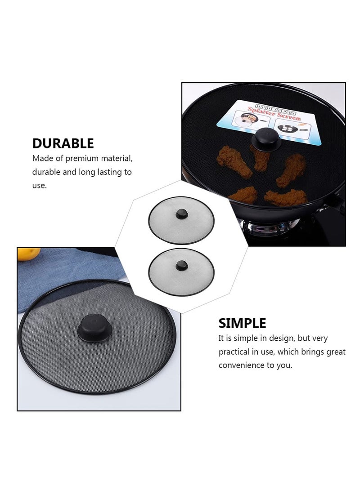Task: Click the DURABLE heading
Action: pyautogui.click(x=63, y=143)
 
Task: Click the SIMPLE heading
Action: pyautogui.click(x=242, y=323)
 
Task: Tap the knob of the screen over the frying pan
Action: pyautogui.click(x=266, y=138)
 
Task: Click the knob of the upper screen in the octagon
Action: pyautogui.click(x=181, y=214)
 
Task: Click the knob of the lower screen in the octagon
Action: pyautogui.click(x=181, y=265)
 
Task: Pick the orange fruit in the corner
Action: pyautogui.click(x=28, y=254)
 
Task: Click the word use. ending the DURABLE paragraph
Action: pyautogui.click(x=40, y=185)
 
